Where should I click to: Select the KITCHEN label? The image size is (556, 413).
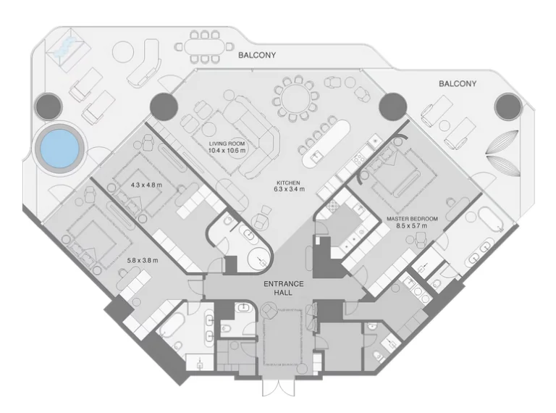point(289,182)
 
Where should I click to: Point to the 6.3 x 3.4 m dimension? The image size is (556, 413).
point(289,189)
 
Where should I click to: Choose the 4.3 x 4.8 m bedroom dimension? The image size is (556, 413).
point(146,185)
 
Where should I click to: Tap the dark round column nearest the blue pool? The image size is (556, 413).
point(49,107)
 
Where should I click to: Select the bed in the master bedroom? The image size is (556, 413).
point(397,175)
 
